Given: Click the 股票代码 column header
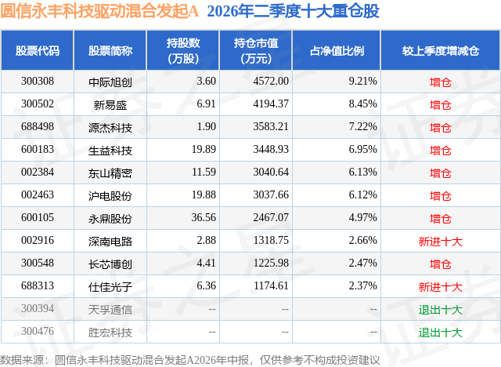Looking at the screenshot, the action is (x=38, y=50).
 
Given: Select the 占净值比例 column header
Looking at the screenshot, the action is (x=337, y=50).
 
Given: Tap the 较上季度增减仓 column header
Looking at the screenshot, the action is (x=441, y=50).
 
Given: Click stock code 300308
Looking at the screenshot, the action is (x=38, y=82).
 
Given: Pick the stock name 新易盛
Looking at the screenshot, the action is (x=110, y=104).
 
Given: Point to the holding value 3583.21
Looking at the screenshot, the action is (x=271, y=127).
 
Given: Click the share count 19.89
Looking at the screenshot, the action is (x=204, y=150).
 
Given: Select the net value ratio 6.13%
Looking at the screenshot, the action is (x=362, y=173).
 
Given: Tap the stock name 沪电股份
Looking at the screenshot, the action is (x=110, y=195).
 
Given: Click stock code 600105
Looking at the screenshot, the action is (x=38, y=217).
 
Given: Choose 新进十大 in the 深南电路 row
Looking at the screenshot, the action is (x=441, y=242).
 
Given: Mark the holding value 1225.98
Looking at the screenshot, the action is (x=271, y=263).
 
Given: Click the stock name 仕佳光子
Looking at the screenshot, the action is (x=110, y=287).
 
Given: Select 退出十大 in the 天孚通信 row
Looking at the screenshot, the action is (x=441, y=310).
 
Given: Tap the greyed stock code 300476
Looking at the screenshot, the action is (x=38, y=331).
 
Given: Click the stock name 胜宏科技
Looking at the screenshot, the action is (x=110, y=332).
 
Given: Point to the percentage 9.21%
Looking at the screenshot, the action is (x=362, y=82).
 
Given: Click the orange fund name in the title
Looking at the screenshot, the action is (x=99, y=11).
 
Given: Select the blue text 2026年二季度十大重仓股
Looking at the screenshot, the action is (x=294, y=11).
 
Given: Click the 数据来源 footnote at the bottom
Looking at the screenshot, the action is (x=190, y=360).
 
